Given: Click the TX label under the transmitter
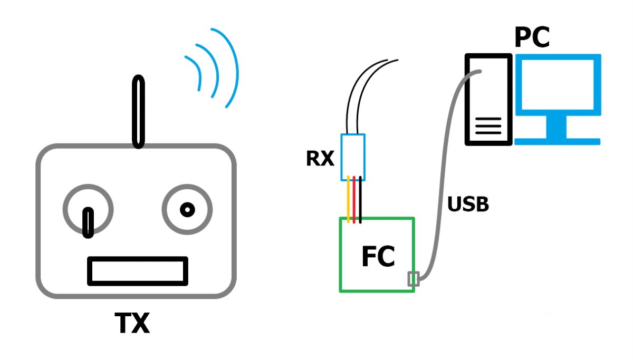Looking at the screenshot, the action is [x=132, y=323].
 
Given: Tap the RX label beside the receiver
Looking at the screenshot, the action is [x=320, y=159].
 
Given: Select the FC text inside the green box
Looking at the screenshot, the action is [x=378, y=256].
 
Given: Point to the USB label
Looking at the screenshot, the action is [x=468, y=204].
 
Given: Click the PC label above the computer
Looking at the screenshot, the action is [x=532, y=37].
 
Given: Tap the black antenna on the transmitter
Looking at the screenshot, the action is [x=138, y=112].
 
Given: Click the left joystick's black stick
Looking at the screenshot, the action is [x=88, y=223].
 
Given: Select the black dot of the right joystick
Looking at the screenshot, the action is [x=187, y=210].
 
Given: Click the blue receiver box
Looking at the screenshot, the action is [x=353, y=157].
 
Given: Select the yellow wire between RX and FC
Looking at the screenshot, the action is [x=348, y=199].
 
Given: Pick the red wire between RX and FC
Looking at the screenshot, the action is [x=354, y=199].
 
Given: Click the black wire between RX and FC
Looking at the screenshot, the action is [x=360, y=200].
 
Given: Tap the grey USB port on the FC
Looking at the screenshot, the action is [x=414, y=279].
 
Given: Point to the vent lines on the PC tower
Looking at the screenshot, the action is [x=488, y=125].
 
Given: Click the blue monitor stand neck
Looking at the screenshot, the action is [x=556, y=127].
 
